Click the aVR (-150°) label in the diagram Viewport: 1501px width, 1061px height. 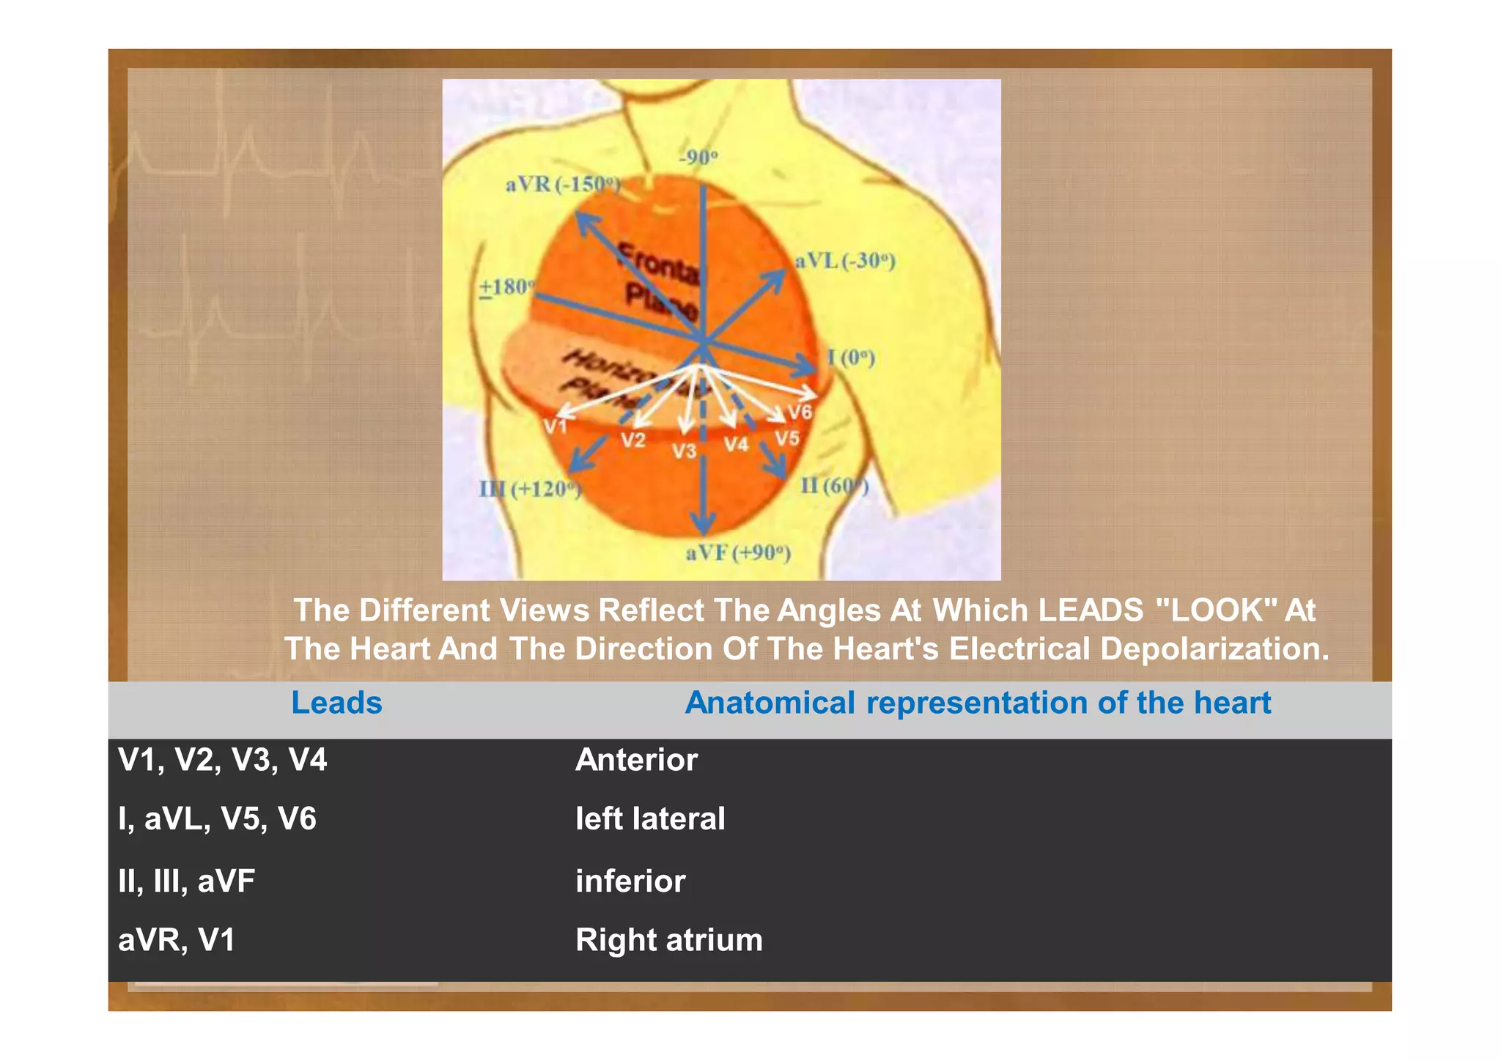(x=563, y=184)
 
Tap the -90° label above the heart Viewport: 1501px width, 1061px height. (x=698, y=157)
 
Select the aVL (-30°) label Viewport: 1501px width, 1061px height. (x=845, y=261)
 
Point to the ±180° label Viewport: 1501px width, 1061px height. (x=506, y=286)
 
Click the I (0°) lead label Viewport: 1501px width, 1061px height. (x=851, y=358)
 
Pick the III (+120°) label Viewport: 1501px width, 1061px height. (x=530, y=489)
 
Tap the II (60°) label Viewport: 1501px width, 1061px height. (x=834, y=486)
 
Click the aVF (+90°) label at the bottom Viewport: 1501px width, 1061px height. (x=738, y=552)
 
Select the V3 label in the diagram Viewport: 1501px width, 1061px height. (x=685, y=451)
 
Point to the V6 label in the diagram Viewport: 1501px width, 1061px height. (x=800, y=412)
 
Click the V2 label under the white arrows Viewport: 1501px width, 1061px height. (x=633, y=440)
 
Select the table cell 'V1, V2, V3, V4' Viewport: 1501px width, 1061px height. (x=223, y=760)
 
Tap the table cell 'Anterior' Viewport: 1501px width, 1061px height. (x=636, y=760)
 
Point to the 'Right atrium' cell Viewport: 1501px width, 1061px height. (x=669, y=940)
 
